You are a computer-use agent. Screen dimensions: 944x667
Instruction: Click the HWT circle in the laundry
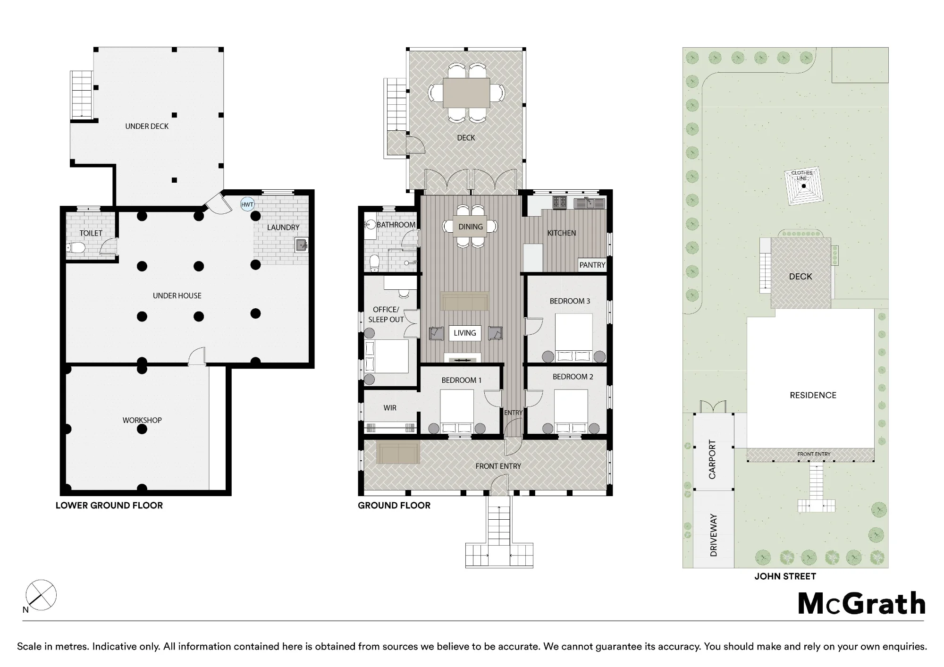(x=247, y=204)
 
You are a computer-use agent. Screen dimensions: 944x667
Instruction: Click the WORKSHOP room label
(x=142, y=420)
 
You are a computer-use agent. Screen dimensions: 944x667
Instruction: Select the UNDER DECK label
(x=147, y=126)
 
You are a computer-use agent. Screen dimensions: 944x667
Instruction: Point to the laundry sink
(x=302, y=245)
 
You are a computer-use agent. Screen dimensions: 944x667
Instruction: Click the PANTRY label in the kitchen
(x=592, y=265)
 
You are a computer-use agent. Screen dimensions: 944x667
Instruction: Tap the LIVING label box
(x=465, y=333)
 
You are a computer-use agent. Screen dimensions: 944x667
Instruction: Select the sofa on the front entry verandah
(x=398, y=453)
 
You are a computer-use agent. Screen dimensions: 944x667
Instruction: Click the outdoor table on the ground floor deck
(x=466, y=93)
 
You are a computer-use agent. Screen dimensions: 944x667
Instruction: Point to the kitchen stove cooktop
(x=560, y=203)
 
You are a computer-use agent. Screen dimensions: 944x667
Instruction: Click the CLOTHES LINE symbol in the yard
(x=803, y=186)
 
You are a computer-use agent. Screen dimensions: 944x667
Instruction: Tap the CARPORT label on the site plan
(x=712, y=459)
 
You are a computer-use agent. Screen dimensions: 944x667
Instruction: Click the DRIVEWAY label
(x=713, y=535)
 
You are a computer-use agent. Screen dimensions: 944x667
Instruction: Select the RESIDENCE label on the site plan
(x=813, y=395)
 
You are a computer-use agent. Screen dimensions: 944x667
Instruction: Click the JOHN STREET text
(x=785, y=576)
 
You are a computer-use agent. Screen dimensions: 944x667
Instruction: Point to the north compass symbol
(x=41, y=595)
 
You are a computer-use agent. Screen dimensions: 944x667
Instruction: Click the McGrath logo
(x=862, y=604)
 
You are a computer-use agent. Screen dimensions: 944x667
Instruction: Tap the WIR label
(x=390, y=408)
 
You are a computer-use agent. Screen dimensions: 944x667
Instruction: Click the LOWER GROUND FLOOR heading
(x=109, y=506)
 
